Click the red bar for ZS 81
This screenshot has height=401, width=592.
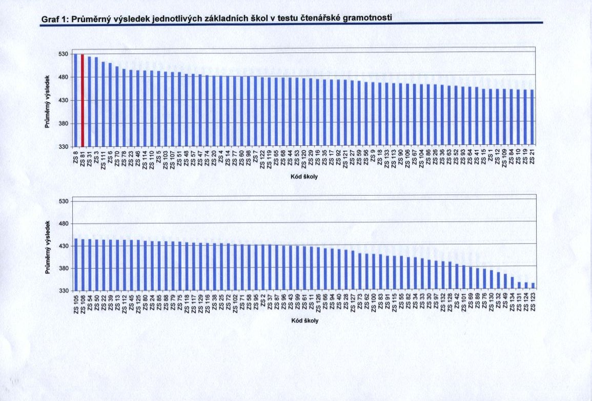(82, 99)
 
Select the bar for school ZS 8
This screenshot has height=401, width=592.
(75, 99)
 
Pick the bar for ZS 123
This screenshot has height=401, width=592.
(533, 287)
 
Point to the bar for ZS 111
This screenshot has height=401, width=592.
(103, 103)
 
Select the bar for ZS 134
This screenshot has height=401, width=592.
(512, 283)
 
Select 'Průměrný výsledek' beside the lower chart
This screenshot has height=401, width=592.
(48, 246)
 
